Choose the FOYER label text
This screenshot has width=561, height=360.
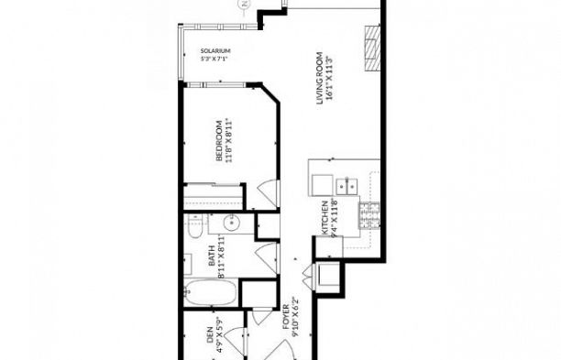click(285, 317)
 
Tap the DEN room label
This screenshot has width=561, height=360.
click(209, 341)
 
